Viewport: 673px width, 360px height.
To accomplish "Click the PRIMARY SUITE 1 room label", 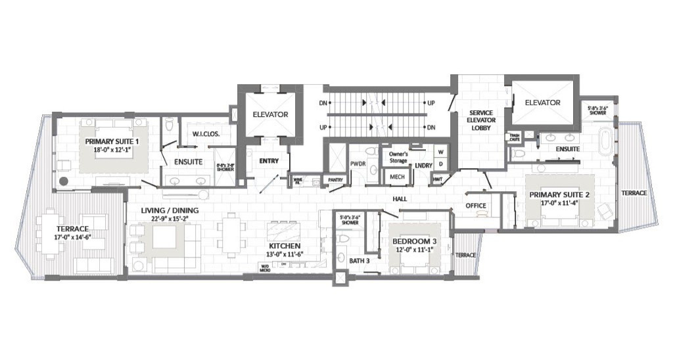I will [x=111, y=141].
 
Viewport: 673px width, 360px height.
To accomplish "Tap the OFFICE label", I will [x=476, y=206].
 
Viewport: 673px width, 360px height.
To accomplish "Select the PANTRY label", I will [x=336, y=179].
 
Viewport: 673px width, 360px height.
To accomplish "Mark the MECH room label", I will [x=396, y=177].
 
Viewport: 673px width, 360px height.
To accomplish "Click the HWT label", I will [x=438, y=179].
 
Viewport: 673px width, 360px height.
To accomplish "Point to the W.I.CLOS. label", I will [x=206, y=134].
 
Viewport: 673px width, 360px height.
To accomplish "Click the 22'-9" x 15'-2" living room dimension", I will [x=170, y=219].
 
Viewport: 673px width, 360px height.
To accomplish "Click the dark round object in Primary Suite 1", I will [x=64, y=181].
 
